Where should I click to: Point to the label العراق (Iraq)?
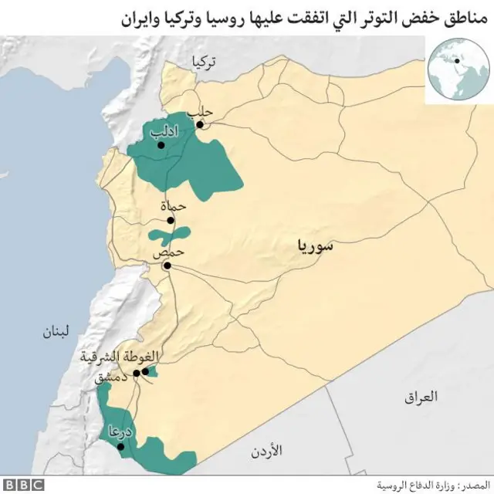[420, 397]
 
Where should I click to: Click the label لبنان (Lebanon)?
[55, 333]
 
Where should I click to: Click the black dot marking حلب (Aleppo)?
[200, 124]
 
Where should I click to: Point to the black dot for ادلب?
[161, 144]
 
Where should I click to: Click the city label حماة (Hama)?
[174, 207]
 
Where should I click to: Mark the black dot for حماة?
[171, 219]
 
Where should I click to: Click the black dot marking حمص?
[166, 266]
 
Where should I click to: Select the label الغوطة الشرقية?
[120, 357]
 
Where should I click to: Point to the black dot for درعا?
[120, 446]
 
